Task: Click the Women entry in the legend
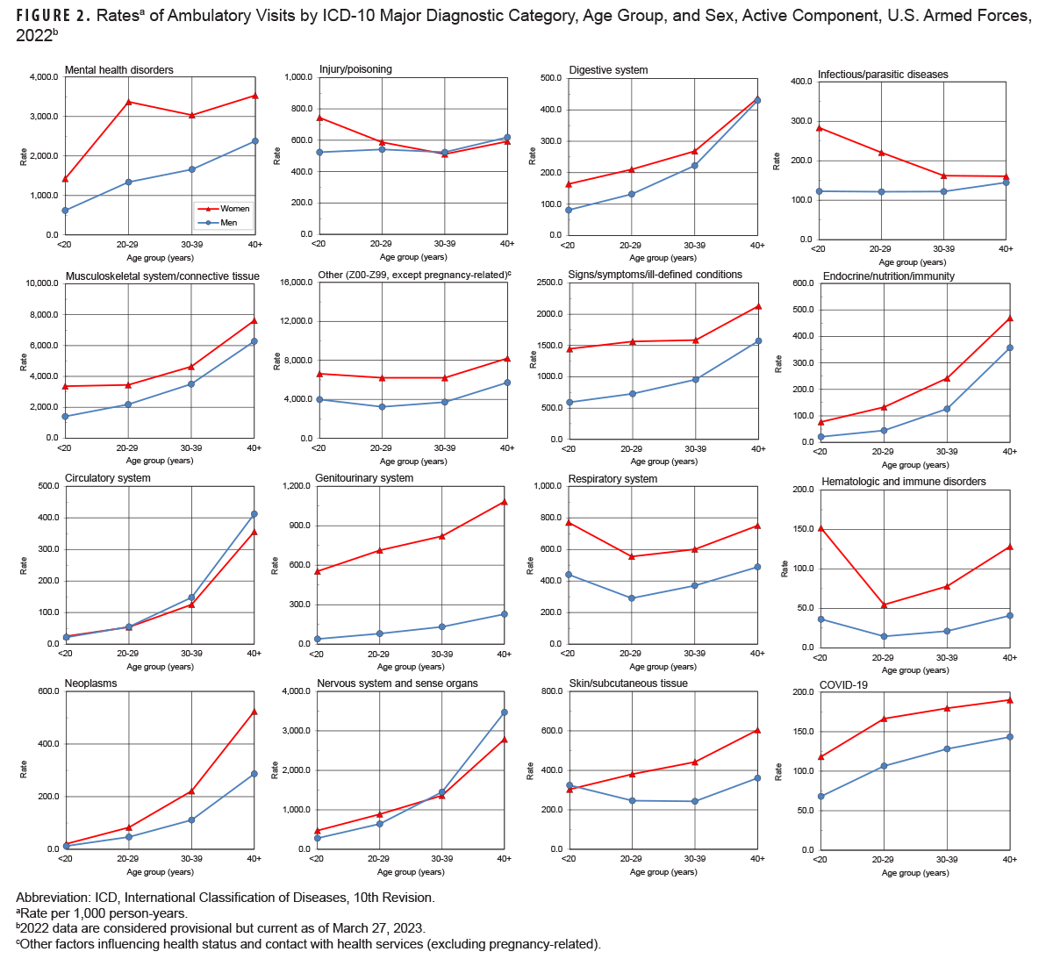tap(234, 209)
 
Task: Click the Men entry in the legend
tap(229, 223)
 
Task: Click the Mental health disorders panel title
tap(119, 70)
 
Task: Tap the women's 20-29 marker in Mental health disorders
tap(129, 102)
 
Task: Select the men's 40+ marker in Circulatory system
tap(254, 514)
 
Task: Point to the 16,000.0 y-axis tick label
tap(294, 283)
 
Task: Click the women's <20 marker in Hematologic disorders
tap(820, 528)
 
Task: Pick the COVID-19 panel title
tap(843, 685)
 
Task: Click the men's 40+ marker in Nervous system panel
tap(505, 712)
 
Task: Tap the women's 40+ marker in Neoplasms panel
tap(254, 712)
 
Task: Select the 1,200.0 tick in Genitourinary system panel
tap(294, 486)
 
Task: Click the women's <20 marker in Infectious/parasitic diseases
tap(819, 128)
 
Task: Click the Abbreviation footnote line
tap(226, 898)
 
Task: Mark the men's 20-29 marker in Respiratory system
tap(631, 598)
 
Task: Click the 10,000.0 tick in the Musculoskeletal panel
tap(40, 283)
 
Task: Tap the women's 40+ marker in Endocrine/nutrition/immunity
tap(1010, 318)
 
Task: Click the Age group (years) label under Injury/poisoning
tap(413, 257)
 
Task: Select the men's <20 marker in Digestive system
tap(569, 210)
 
